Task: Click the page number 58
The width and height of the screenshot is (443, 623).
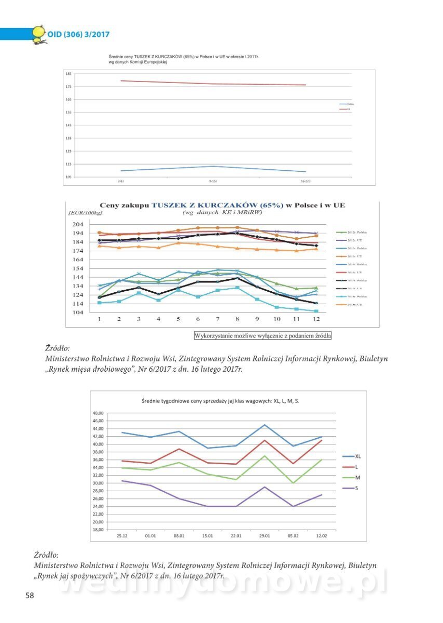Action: [30, 595]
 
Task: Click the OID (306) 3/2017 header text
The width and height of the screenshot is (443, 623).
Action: [78, 35]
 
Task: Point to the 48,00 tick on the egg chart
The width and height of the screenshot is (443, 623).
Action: [98, 413]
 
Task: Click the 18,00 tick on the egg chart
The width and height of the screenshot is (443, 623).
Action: [98, 530]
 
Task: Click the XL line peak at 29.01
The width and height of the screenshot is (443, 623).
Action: [265, 425]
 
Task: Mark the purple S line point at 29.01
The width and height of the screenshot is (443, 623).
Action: [265, 487]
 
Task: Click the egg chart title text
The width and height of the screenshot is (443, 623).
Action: [220, 401]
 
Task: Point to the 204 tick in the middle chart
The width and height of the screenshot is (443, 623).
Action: [76, 224]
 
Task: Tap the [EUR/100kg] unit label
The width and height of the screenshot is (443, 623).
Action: [85, 212]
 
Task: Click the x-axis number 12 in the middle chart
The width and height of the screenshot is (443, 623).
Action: [316, 318]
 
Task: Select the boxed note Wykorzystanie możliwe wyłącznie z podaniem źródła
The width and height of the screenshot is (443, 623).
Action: [262, 335]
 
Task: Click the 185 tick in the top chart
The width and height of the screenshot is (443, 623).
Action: [69, 74]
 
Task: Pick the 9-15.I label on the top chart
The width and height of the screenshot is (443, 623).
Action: [213, 181]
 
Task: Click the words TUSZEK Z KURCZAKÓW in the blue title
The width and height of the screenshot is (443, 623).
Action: [217, 205]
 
